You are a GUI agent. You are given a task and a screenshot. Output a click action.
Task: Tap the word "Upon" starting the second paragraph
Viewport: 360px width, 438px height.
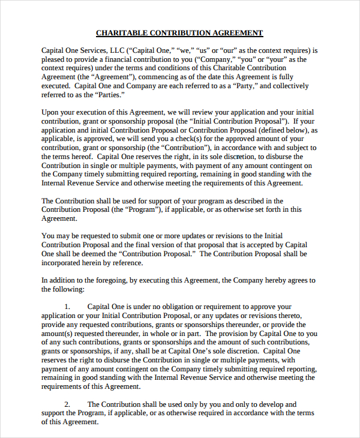50,113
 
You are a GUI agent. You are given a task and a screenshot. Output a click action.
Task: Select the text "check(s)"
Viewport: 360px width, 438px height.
190,139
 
